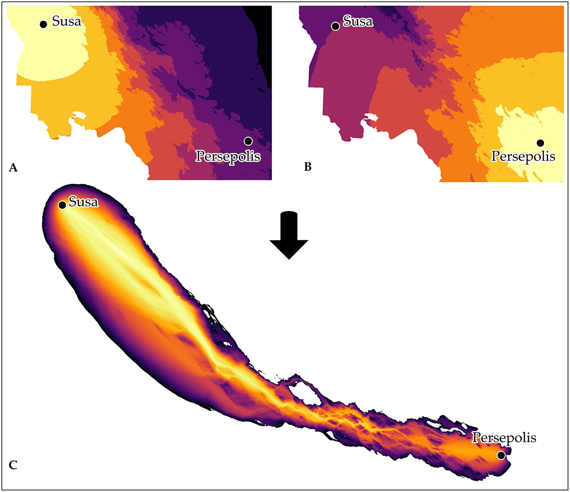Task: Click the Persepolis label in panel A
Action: click(x=228, y=156)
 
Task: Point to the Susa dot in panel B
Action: click(x=335, y=26)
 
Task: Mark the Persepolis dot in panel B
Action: click(x=540, y=143)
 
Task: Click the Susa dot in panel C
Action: click(x=62, y=205)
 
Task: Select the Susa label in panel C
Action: click(x=83, y=202)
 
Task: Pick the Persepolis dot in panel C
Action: click(x=501, y=455)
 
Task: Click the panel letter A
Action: click(x=13, y=167)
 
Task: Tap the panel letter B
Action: click(x=308, y=167)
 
